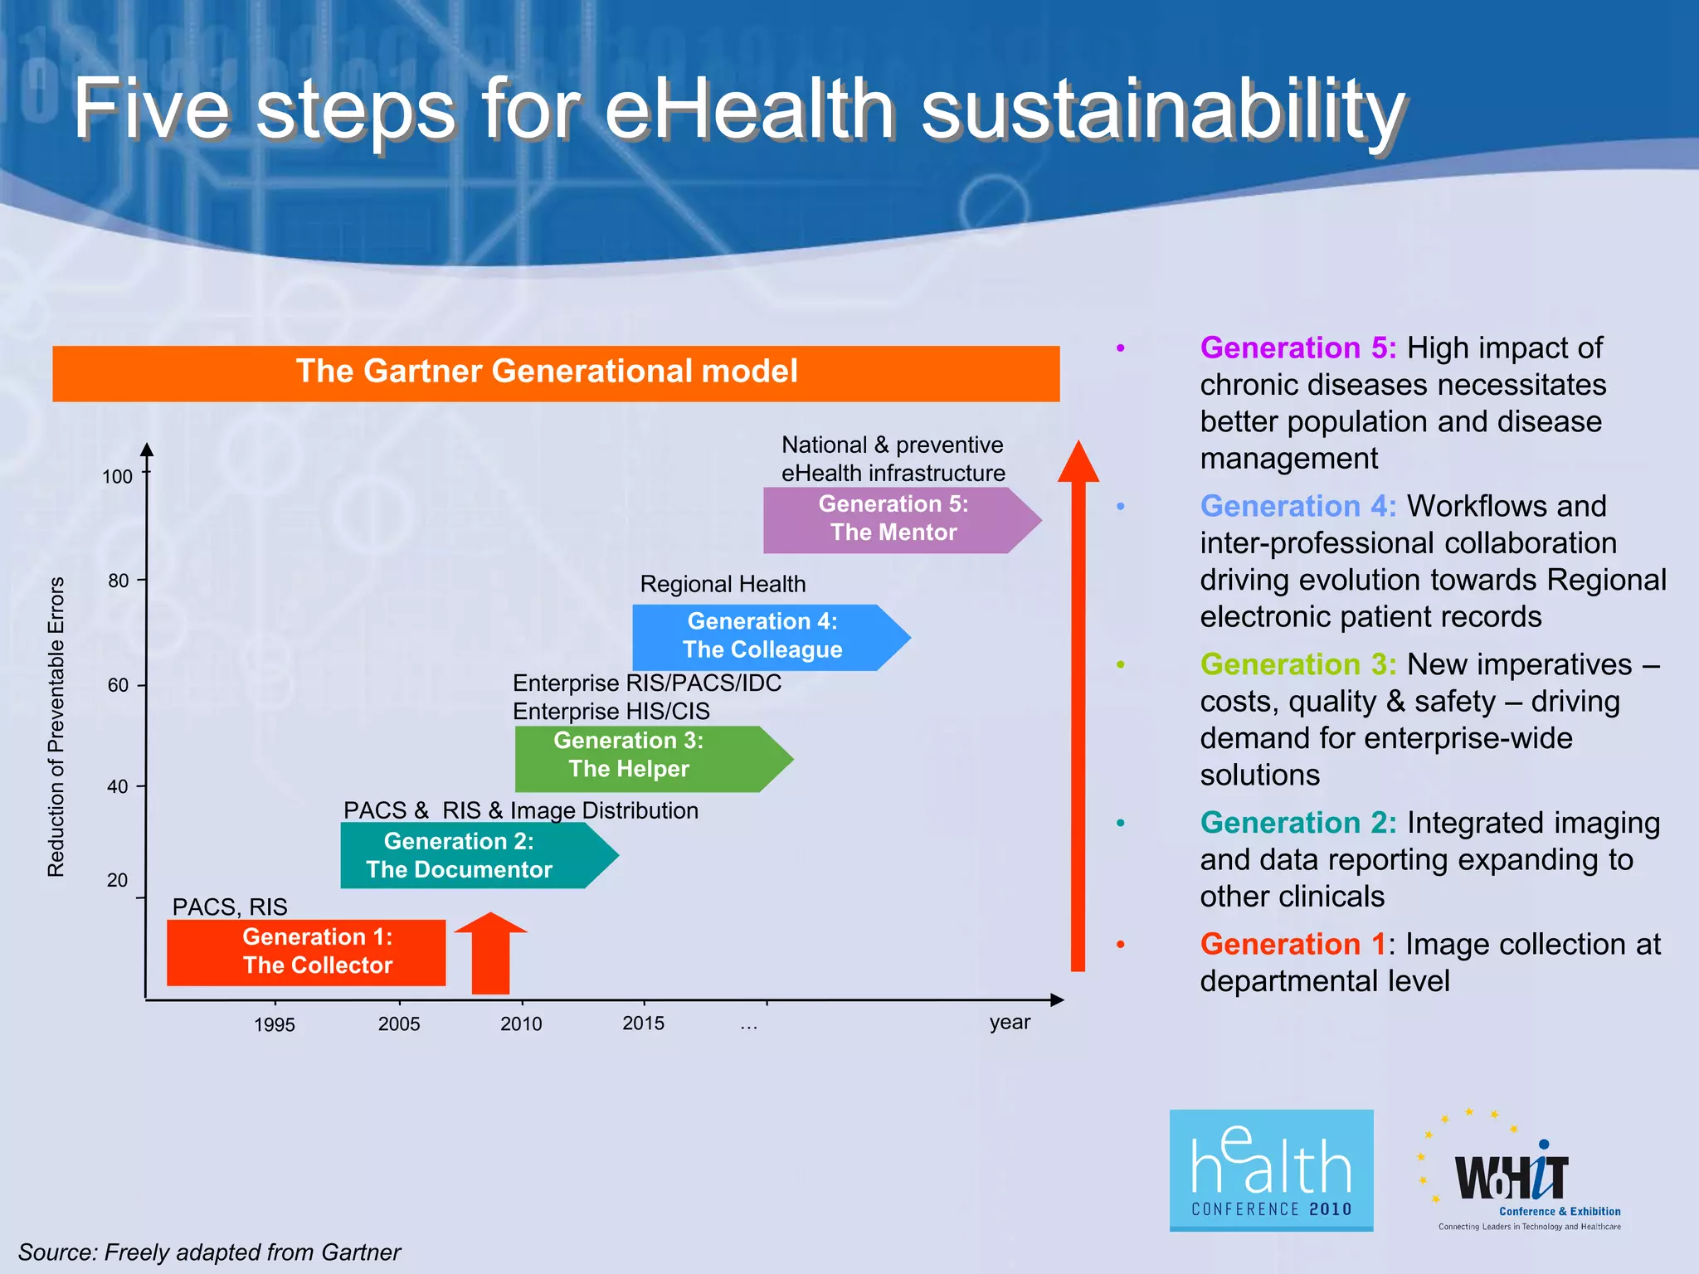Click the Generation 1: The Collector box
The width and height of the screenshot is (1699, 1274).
(306, 952)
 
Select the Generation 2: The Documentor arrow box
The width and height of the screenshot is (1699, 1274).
(465, 855)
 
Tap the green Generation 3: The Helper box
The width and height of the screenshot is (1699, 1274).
(639, 759)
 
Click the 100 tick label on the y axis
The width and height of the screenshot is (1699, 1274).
(117, 477)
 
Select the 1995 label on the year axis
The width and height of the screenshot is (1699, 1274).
(274, 1024)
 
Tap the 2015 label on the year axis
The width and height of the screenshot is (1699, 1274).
(643, 1023)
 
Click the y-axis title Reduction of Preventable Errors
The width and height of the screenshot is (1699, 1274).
(56, 727)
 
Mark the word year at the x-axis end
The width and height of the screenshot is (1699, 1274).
(1010, 1022)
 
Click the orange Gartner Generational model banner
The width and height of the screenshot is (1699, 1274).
(556, 373)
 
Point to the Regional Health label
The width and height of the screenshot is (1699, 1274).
(723, 584)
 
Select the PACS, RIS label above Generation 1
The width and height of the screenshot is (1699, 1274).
(230, 907)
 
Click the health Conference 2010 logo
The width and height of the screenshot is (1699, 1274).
(1271, 1169)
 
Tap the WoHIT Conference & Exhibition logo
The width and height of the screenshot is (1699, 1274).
(1518, 1174)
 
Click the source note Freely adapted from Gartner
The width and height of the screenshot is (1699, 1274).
(209, 1252)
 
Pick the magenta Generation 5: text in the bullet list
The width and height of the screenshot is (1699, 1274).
(1297, 348)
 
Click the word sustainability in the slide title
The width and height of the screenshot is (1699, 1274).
(1161, 109)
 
